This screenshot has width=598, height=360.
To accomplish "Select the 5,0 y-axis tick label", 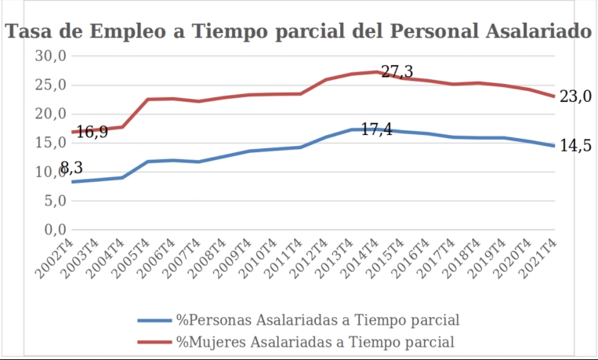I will [53, 201].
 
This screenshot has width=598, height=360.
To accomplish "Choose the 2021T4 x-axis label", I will [540, 255].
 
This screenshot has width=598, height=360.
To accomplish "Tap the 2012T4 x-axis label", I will [311, 255].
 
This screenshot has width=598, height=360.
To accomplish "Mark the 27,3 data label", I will [397, 72].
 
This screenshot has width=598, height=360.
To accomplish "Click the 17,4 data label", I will [376, 129].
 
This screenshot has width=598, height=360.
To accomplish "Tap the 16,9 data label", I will [92, 132].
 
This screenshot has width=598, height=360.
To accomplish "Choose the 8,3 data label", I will [71, 167].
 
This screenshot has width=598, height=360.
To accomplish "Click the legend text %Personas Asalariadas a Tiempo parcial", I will [317, 319].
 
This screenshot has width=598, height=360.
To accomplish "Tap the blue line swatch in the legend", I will [154, 320].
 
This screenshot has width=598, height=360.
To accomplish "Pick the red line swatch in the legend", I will [154, 342].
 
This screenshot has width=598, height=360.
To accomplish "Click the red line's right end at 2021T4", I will [555, 96].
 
